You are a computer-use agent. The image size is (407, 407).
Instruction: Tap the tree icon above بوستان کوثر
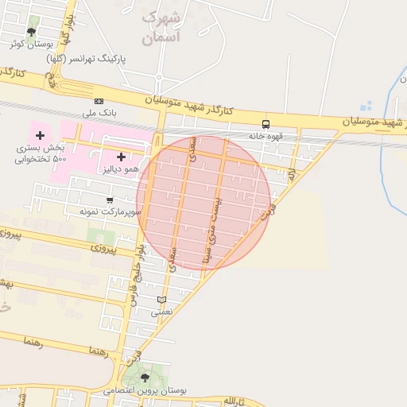point(31,33)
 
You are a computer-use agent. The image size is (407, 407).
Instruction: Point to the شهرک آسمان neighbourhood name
point(162,27)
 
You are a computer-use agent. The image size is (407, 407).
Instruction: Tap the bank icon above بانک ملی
point(99,101)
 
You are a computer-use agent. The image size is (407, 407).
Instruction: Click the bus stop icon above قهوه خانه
point(266,123)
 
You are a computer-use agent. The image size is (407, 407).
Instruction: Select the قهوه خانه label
point(266,136)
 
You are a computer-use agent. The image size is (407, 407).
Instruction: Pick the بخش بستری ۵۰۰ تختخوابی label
point(41,153)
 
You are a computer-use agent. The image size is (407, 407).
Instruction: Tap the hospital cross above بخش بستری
point(40,136)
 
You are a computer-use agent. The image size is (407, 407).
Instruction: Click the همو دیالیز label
point(119,169)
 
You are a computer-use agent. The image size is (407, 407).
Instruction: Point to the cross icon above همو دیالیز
point(121,157)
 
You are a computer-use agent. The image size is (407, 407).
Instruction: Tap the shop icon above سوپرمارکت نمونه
point(109,200)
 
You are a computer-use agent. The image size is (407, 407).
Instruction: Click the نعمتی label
point(162,312)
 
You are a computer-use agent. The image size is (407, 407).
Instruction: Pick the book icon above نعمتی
point(162,300)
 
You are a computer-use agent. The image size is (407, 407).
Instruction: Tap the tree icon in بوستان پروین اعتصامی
point(145,377)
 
